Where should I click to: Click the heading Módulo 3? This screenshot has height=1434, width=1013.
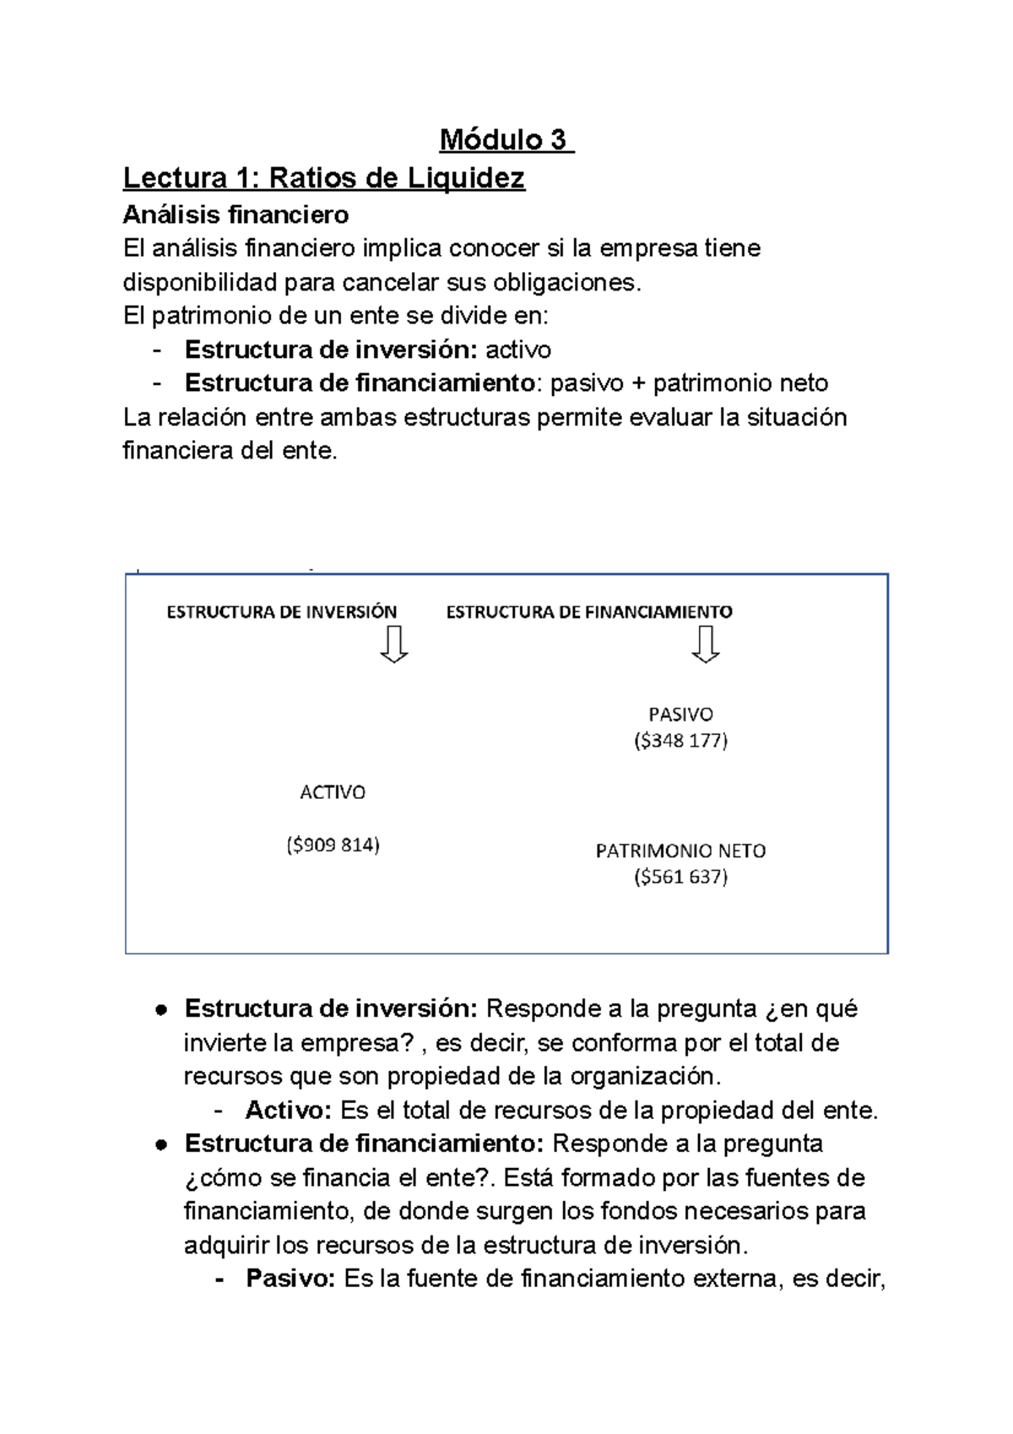click(505, 139)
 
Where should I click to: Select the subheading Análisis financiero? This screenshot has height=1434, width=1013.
click(236, 215)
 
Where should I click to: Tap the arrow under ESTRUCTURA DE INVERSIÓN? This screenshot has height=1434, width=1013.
click(394, 644)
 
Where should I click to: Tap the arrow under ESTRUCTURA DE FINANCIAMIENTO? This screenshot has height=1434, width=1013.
click(705, 644)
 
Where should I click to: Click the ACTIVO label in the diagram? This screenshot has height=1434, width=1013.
click(333, 792)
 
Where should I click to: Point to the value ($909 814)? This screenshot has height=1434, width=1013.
click(333, 845)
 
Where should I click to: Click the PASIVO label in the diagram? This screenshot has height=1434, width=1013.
click(680, 714)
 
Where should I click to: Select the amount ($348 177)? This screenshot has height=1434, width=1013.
click(680, 741)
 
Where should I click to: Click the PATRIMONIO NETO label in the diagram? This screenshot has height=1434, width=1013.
click(680, 850)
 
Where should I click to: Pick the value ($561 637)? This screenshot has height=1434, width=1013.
click(680, 877)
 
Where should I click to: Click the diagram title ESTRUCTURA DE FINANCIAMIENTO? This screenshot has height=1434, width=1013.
click(588, 611)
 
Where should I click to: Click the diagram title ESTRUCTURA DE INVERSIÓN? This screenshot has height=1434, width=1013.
click(281, 611)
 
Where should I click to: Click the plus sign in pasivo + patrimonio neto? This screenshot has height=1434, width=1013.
click(638, 384)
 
